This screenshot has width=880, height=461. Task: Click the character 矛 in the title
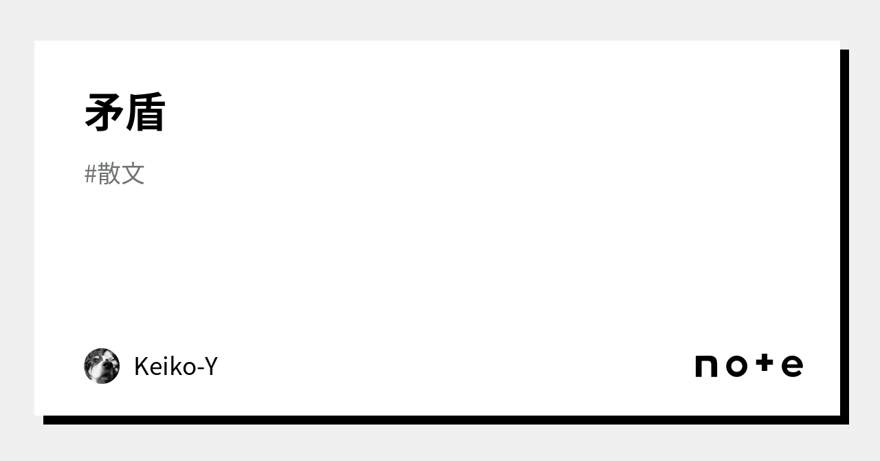104,112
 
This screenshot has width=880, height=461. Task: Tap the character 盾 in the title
145,112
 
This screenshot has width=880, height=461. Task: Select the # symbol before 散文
90,175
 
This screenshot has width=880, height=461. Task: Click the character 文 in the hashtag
133,174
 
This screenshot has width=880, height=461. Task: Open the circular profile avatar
102,365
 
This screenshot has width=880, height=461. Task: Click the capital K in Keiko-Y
141,367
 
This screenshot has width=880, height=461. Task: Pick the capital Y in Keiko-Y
211,367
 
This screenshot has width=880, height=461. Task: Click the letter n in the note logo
706,366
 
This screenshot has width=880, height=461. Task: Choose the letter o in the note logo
736,366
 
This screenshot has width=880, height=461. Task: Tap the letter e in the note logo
792,366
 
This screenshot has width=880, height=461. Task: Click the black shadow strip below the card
440,420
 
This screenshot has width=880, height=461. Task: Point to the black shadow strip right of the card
844,234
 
